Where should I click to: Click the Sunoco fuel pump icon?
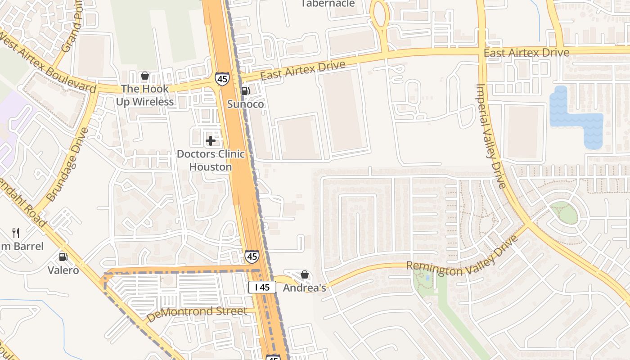coord(245,91)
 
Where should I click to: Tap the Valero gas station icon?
coord(63,257)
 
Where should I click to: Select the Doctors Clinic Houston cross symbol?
coord(210,141)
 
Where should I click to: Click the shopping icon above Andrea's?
coord(305,274)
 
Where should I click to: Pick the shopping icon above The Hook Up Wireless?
coord(145,76)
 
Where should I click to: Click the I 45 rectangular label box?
coord(262,287)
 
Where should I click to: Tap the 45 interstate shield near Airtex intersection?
coord(222,79)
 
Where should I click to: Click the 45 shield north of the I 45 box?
coord(252,256)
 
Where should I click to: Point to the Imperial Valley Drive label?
coord(491,135)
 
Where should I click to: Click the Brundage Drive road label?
coord(67,165)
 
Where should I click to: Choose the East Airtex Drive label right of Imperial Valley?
coord(526,53)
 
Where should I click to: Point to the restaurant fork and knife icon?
coord(16,233)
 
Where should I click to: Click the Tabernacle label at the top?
coord(328,4)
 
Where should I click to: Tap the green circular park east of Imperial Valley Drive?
coord(564,213)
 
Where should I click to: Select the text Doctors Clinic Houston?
coord(211,160)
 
